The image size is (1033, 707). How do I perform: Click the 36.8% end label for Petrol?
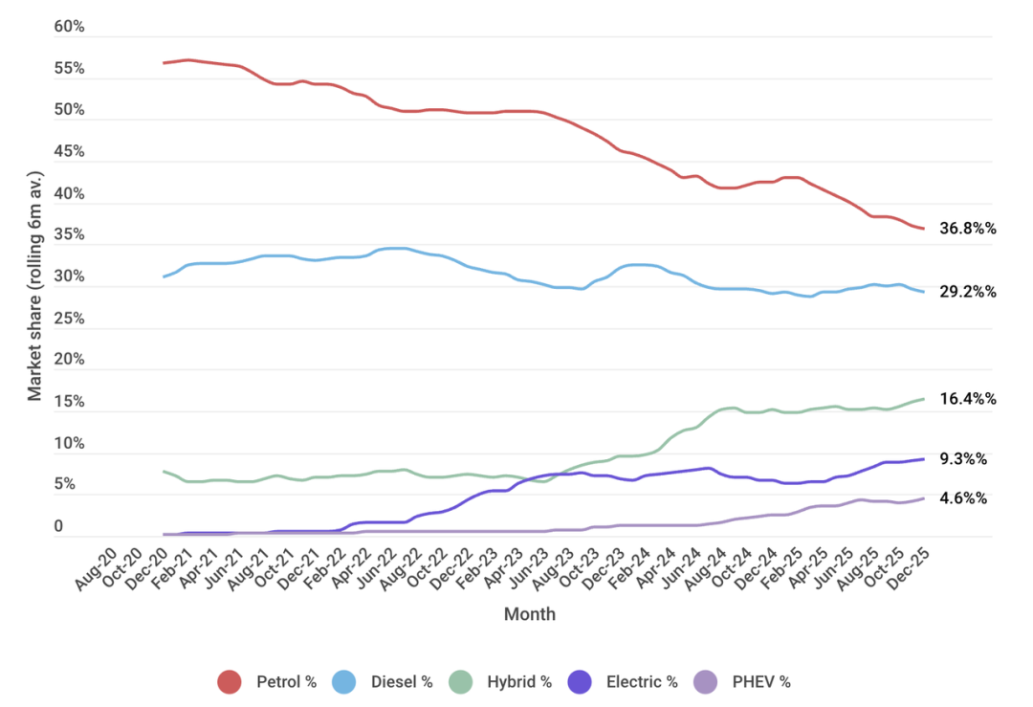[968, 229]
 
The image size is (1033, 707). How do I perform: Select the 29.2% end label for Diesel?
[968, 292]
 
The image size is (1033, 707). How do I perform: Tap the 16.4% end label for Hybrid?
[968, 399]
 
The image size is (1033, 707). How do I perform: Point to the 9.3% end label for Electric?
[964, 459]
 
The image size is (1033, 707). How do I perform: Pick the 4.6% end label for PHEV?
[964, 498]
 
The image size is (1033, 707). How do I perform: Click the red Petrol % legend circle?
[230, 682]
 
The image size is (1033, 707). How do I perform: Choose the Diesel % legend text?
[402, 682]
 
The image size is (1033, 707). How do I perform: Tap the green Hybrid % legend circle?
[461, 682]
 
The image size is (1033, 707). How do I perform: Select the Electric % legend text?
[642, 682]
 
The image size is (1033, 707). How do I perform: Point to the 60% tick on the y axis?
[69, 27]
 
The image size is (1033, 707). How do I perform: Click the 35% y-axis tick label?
[69, 235]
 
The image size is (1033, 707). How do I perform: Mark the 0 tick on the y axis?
[58, 526]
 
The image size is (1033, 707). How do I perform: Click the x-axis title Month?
[530, 614]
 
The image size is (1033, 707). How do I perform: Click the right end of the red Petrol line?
[923, 229]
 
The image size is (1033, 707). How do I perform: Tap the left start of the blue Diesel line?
[165, 276]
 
